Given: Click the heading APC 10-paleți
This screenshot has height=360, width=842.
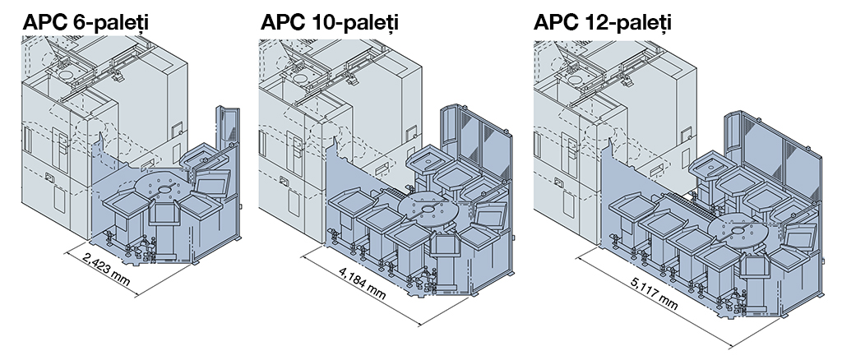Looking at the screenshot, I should point(329,22).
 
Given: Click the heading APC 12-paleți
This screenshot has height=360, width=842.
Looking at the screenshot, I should point(602,22).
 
